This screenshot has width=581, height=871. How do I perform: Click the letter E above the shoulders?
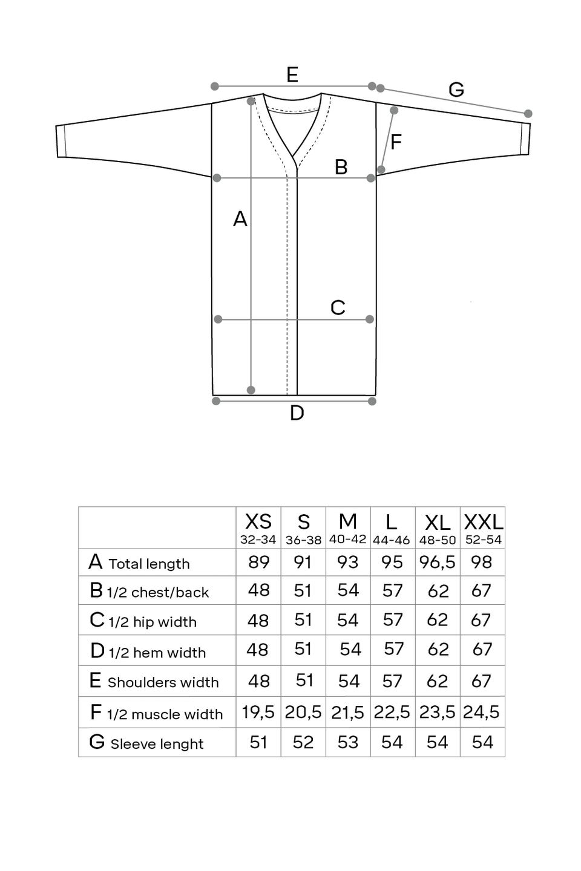click(292, 75)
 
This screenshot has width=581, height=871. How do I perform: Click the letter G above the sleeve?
click(456, 90)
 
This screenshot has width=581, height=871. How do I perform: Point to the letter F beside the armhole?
click(396, 142)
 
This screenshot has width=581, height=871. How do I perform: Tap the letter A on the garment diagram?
click(240, 219)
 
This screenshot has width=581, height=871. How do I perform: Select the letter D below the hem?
click(297, 413)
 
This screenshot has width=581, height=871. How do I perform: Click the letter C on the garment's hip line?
click(338, 308)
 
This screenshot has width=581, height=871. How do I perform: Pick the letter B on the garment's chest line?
click(341, 167)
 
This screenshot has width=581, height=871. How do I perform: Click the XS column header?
click(258, 521)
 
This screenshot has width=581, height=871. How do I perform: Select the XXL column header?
click(483, 521)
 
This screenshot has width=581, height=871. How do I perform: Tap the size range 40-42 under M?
click(348, 539)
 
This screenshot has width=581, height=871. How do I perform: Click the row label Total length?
click(149, 564)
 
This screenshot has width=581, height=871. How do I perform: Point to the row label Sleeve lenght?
click(157, 744)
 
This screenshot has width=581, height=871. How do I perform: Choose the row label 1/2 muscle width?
click(165, 714)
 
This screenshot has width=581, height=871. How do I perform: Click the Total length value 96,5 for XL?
click(437, 563)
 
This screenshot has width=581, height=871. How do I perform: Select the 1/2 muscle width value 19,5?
click(258, 712)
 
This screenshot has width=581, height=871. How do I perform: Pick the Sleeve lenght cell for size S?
click(303, 742)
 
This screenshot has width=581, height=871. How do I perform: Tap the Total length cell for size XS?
click(258, 563)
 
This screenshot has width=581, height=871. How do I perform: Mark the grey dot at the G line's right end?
click(528, 114)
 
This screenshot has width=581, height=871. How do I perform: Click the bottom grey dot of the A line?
click(251, 391)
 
